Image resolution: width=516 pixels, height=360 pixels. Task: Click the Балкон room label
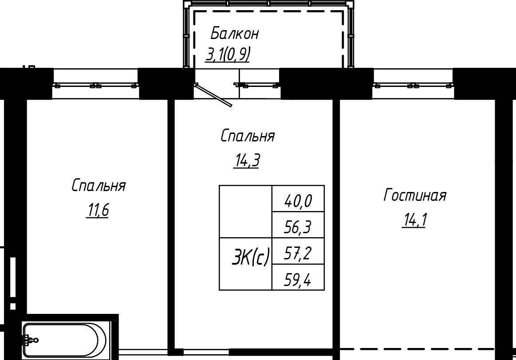point(234,34)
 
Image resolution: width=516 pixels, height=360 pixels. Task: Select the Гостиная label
point(415,195)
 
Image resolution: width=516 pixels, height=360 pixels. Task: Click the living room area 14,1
point(414,221)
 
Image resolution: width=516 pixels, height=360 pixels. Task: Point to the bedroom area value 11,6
point(98,211)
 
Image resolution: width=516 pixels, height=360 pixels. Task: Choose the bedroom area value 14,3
point(247,161)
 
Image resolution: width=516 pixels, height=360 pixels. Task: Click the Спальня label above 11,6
point(99,185)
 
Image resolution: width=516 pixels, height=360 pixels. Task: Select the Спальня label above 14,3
point(248,136)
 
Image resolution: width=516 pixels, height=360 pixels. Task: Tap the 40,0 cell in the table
point(298,199)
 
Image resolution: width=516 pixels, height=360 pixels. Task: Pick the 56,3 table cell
point(298,224)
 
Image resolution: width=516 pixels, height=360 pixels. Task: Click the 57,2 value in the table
point(298,250)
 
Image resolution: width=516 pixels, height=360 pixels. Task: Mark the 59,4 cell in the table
point(298,277)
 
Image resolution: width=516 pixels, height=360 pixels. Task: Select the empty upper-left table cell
point(245,212)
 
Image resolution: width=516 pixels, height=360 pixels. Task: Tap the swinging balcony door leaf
point(213,95)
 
